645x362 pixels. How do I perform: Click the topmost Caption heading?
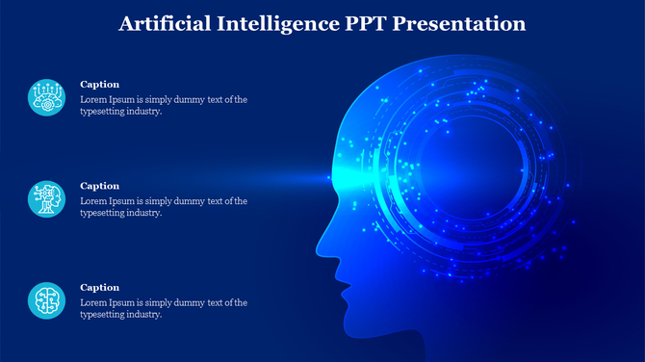[x=99, y=85]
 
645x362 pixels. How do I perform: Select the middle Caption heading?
[x=99, y=186]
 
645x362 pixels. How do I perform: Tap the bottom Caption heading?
[x=99, y=287]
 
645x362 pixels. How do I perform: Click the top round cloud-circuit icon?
[x=46, y=97]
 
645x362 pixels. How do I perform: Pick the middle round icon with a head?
[x=46, y=199]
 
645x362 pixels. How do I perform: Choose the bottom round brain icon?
[x=46, y=300]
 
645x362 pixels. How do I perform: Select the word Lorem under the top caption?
[x=93, y=99]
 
